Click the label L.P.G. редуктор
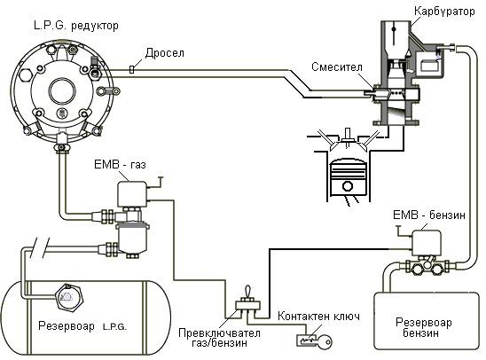coord(76,26)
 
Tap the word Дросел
coord(165,53)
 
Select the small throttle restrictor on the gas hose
coord(132,69)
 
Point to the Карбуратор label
coord(444,12)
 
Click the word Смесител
coord(337,67)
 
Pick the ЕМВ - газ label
coord(120,164)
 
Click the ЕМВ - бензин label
coord(429,215)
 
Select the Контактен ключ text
coord(319,317)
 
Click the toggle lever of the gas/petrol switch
coord(248,292)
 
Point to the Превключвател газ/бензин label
coord(219,338)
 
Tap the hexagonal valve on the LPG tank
coord(69,297)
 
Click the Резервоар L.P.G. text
coord(82,326)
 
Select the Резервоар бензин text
coord(423,328)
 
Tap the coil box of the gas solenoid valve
coord(132,193)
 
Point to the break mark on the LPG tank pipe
coord(40,248)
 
